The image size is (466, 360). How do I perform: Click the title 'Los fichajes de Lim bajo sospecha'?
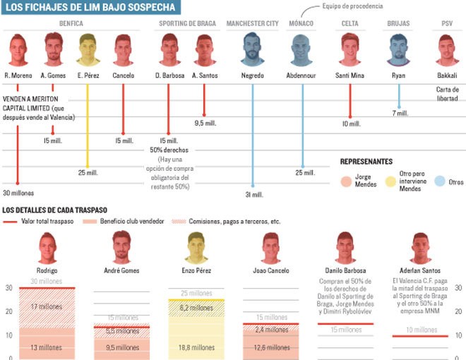pos(90,8)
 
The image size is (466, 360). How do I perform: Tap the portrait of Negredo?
pos(252,50)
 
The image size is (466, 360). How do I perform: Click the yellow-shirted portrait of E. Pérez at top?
pos(88,50)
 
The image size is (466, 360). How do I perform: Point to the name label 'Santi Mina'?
pos(349,76)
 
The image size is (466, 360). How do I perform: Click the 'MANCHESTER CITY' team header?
pos(252,23)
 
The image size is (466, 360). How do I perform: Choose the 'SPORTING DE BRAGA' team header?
pos(186,23)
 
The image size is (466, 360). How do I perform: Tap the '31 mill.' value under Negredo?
pos(253,194)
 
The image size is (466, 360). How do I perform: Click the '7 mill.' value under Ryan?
pos(400,113)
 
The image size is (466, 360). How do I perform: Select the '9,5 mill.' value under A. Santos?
pos(204,123)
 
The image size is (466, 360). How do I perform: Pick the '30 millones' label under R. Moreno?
pos(18,193)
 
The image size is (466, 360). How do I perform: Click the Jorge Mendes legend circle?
pos(345,181)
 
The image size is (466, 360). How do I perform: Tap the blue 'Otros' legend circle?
pos(439,181)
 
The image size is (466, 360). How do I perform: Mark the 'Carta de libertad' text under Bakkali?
pos(447,94)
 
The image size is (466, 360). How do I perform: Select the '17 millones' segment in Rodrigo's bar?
pos(47,306)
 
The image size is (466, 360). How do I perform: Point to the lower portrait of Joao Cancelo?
pos(271,248)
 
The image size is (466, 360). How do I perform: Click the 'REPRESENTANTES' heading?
pos(366,162)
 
